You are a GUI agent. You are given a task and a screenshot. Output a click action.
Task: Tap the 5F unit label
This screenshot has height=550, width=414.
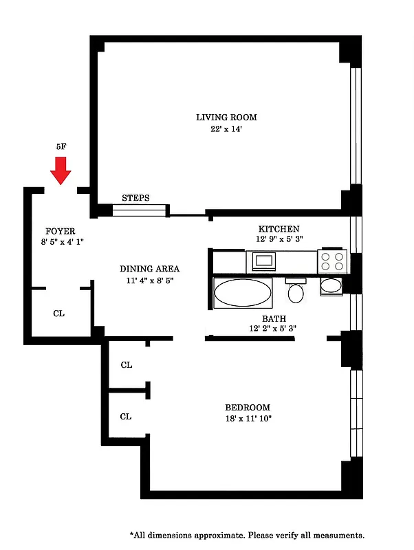[x=62, y=146]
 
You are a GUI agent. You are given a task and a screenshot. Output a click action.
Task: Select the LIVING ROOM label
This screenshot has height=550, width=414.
[x=226, y=118]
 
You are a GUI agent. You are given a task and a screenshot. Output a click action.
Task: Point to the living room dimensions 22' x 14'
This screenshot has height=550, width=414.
[x=226, y=129]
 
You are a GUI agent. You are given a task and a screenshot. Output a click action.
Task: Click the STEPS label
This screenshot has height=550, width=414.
[x=135, y=198]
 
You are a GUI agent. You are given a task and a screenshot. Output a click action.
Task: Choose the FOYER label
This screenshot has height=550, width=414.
[x=61, y=231]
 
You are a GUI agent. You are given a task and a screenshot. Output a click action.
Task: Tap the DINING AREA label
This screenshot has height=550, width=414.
[x=149, y=269]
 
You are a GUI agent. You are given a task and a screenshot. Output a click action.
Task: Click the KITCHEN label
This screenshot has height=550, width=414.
[x=279, y=229]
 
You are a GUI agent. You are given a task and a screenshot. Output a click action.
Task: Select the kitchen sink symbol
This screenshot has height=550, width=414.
[x=263, y=261]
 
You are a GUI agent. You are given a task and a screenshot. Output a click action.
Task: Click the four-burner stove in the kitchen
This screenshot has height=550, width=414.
[x=330, y=261]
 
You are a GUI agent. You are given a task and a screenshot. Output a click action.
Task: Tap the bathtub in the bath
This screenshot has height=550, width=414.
[x=243, y=293]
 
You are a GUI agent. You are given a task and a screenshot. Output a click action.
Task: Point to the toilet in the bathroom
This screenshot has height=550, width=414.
[x=296, y=291]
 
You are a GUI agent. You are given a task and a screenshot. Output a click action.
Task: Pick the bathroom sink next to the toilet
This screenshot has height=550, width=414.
[x=331, y=286]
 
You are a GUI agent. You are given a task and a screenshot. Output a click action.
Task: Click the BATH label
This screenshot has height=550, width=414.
[x=274, y=319]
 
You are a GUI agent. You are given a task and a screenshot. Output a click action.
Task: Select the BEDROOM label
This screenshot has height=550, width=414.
[x=248, y=407]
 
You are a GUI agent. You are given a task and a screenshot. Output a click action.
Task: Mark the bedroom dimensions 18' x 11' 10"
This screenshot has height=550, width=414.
[x=248, y=419]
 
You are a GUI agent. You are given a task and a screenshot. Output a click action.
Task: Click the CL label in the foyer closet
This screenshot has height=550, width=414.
[x=59, y=313]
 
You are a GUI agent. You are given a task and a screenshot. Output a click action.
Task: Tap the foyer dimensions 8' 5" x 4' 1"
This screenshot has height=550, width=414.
[x=61, y=242]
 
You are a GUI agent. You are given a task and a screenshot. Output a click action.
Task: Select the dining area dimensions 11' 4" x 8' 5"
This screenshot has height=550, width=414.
[x=149, y=280]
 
